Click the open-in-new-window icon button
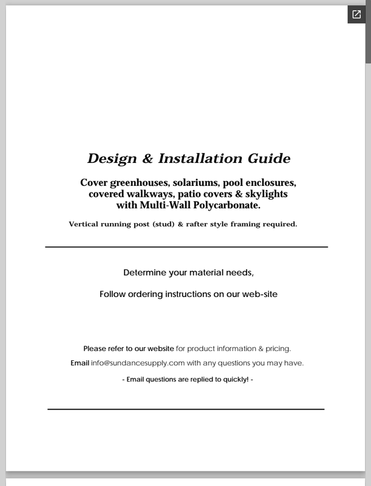click(356, 15)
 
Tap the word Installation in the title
click(192, 159)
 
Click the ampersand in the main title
click(148, 159)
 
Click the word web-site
click(259, 294)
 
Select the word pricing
click(277, 349)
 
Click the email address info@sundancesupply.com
click(138, 363)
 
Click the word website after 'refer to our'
click(161, 349)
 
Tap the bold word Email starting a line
click(80, 363)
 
